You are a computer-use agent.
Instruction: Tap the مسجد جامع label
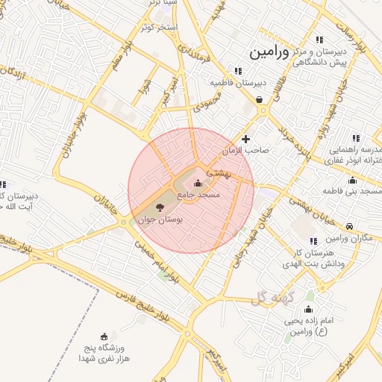point(198,195)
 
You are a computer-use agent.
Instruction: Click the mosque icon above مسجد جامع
point(198,184)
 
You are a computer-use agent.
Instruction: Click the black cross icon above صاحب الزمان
point(246,139)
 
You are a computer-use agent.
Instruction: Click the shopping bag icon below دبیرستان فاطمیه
point(258,98)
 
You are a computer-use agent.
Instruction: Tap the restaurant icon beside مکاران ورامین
point(313,240)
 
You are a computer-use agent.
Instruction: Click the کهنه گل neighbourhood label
point(269,298)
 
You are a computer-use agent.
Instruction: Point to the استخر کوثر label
point(160,28)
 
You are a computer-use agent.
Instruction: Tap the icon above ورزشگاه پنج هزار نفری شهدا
point(104,336)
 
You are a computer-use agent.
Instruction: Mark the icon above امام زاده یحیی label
point(309,307)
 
